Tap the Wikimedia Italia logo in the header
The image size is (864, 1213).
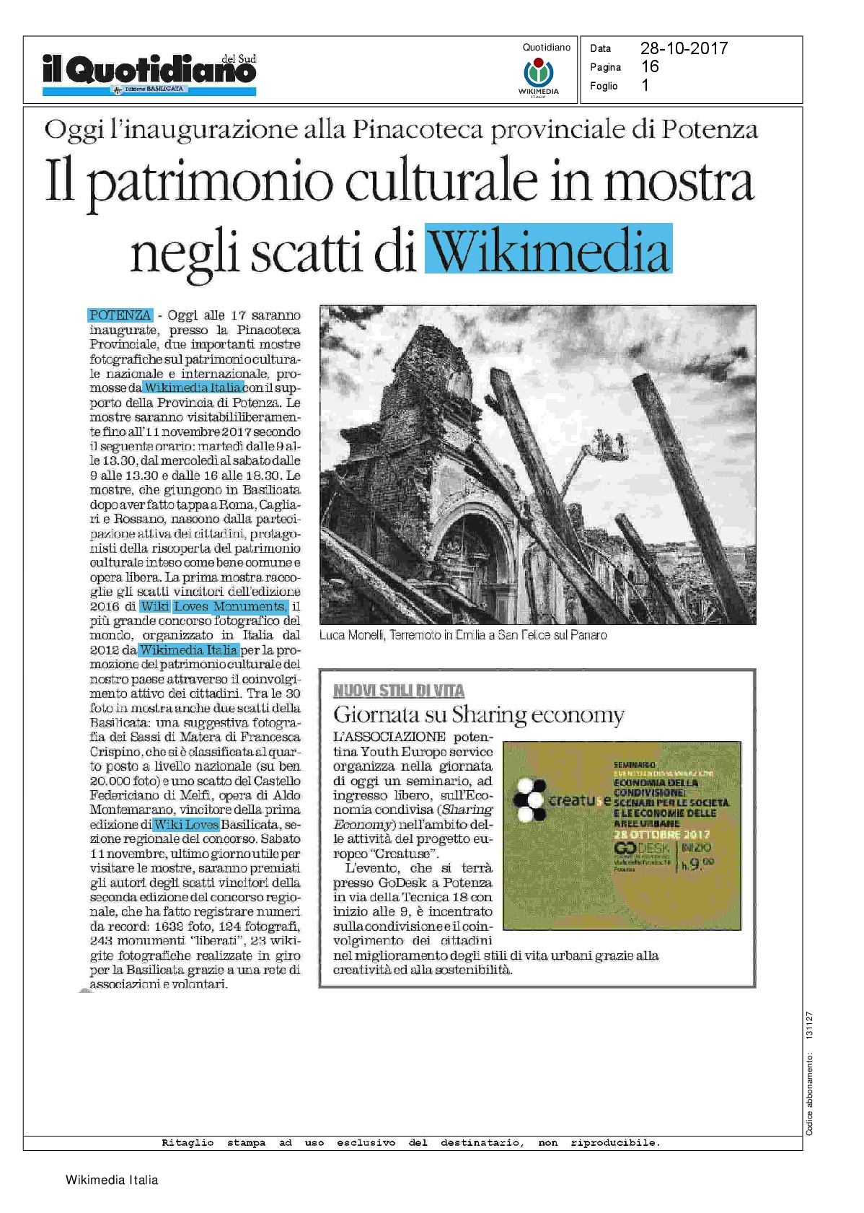tap(538, 76)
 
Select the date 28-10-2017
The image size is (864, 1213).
tap(684, 48)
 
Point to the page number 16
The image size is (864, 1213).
tap(650, 66)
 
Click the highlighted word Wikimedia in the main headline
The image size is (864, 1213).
tap(549, 250)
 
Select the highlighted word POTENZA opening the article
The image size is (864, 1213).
tap(120, 315)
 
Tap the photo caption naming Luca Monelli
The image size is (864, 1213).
tap(463, 636)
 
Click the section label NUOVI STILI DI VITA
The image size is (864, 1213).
tap(399, 691)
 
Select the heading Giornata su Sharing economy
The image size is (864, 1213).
tap(479, 715)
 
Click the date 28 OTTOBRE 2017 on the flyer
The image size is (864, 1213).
tap(661, 834)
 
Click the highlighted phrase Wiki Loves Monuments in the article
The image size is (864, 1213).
tap(214, 607)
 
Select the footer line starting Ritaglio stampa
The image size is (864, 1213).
tap(411, 1143)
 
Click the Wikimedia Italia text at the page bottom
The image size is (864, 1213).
tap(112, 1181)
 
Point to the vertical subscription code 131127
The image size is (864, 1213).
tap(809, 1025)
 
